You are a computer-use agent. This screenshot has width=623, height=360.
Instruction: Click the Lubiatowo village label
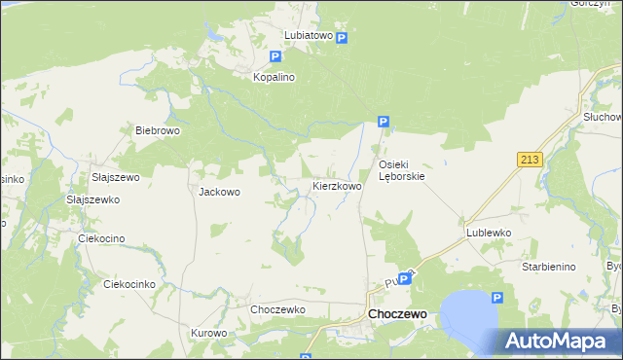(x=308, y=35)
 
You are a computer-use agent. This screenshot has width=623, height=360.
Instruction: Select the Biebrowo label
(x=158, y=130)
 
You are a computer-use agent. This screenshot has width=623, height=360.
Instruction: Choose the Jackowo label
(x=219, y=192)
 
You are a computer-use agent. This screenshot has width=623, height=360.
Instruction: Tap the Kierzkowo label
(x=337, y=185)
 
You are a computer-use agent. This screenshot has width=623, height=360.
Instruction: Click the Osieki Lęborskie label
(x=401, y=170)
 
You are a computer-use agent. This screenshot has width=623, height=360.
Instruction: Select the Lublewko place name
(x=489, y=234)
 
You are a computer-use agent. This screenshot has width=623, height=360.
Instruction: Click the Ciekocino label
(x=102, y=237)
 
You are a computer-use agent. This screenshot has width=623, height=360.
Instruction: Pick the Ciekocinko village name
(x=129, y=285)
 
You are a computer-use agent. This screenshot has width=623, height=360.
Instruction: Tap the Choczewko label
(x=278, y=309)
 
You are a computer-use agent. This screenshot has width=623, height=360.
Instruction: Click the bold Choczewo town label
(x=397, y=314)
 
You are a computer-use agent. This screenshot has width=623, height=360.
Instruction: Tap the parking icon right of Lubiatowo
(x=343, y=37)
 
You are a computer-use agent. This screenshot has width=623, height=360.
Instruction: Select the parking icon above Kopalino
(x=276, y=57)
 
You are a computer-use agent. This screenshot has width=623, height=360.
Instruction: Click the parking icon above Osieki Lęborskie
(x=384, y=123)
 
